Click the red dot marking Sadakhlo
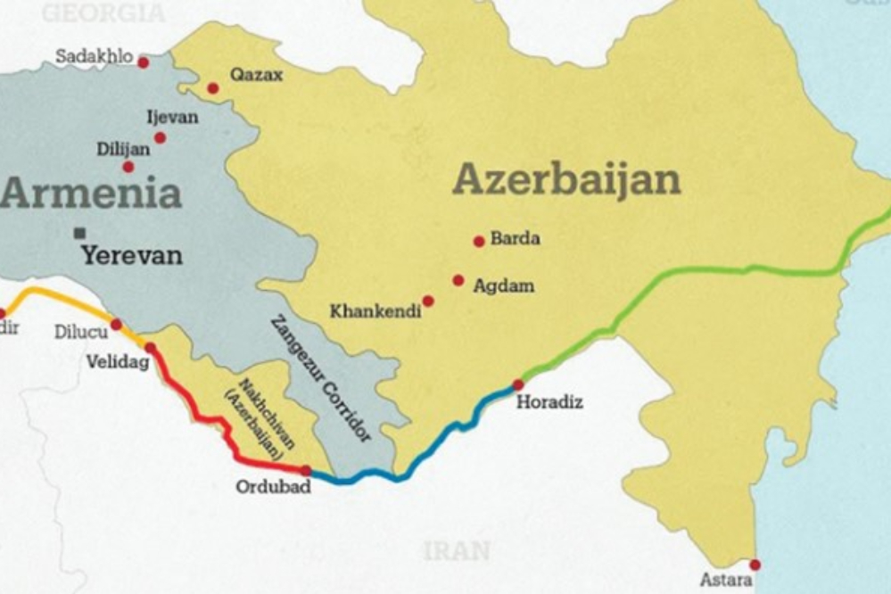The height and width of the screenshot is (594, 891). [x=143, y=62]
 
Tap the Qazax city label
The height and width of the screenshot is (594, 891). [x=256, y=76]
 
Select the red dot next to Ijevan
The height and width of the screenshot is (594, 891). [x=160, y=137]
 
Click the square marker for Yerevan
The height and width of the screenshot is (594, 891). [x=80, y=233]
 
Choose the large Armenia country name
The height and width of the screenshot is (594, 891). [x=91, y=193]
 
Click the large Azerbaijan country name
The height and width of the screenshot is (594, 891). [x=566, y=180]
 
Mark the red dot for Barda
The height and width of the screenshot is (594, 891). [x=479, y=241]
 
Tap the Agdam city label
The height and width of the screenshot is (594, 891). [x=504, y=286]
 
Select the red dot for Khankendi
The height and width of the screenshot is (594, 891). [x=428, y=301]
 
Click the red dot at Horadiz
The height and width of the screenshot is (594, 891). [x=518, y=384]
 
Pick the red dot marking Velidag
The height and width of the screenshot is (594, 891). [x=150, y=348]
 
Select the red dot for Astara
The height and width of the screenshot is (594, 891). [x=755, y=565]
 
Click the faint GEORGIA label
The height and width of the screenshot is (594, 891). [x=103, y=12]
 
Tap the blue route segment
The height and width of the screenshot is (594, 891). [x=419, y=455]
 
